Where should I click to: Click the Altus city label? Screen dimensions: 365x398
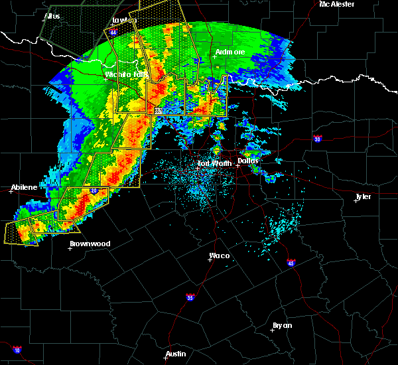coord(52,15)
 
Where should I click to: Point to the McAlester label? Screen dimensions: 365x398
coord(336,4)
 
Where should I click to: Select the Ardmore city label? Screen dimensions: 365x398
coord(230,52)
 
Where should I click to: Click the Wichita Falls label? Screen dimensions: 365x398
coord(127,74)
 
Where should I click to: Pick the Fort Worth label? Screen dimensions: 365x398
coord(215,163)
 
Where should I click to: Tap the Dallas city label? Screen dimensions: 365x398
coord(248,161)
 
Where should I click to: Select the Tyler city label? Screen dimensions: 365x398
coord(363,196)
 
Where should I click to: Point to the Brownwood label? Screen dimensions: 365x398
coord(90,244)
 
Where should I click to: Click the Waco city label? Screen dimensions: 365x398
coord(219,256)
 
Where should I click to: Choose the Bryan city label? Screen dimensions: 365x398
coord(282,325)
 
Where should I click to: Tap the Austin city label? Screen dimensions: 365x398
coord(176,354)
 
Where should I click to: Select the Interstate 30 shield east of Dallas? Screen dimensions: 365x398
coord(318,139)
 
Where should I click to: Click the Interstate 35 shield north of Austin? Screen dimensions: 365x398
coord(190,297)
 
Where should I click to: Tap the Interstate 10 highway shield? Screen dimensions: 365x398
coord(17,350)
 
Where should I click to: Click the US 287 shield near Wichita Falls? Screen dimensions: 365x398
coord(158,111)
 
